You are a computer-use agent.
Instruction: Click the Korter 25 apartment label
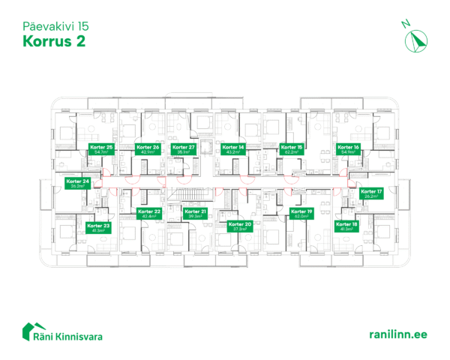pyautogui.click(x=100, y=150)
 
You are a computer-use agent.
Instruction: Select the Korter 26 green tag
pyautogui.click(x=148, y=150)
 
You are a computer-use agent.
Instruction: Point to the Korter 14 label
pyautogui.click(x=234, y=150)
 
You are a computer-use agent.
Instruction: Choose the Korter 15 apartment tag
pyautogui.click(x=291, y=150)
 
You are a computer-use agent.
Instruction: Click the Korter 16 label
pyautogui.click(x=348, y=150)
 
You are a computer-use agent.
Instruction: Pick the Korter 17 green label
pyautogui.click(x=371, y=193)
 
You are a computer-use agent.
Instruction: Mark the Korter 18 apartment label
pyautogui.click(x=347, y=226)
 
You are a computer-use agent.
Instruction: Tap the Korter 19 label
pyautogui.click(x=300, y=214)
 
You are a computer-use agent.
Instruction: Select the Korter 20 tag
pyautogui.click(x=240, y=226)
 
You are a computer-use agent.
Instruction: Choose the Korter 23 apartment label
pyautogui.click(x=98, y=228)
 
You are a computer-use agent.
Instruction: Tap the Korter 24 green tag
pyautogui.click(x=77, y=184)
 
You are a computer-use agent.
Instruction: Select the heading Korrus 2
pyautogui.click(x=49, y=40)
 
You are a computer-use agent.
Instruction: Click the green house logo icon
pyautogui.click(x=32, y=331)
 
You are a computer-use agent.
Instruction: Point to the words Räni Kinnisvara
pyautogui.click(x=73, y=334)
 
